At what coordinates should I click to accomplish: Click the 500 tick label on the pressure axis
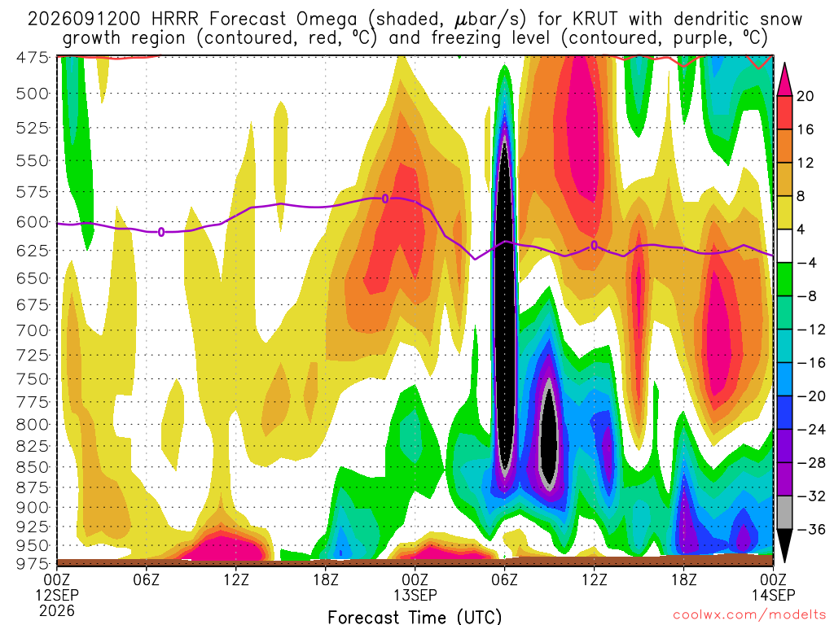[x=33, y=94]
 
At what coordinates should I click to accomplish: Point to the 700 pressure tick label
[x=33, y=330]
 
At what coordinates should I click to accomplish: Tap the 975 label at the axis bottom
[x=33, y=563]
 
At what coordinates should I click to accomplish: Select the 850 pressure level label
[x=33, y=467]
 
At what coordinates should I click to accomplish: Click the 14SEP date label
[x=774, y=595]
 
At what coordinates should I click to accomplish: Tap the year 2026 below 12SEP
[x=57, y=610]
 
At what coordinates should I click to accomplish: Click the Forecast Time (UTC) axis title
[x=415, y=617]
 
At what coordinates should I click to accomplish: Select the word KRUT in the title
[x=595, y=20]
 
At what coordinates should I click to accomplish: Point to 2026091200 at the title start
[x=84, y=20]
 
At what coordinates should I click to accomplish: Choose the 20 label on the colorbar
[x=805, y=96]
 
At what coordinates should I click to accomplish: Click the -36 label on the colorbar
[x=811, y=529]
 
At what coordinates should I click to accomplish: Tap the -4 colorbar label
[x=807, y=263]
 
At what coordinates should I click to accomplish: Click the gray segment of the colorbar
[x=784, y=513]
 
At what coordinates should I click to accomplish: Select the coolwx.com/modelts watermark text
[x=749, y=615]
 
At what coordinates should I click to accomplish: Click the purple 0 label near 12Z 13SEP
[x=594, y=245]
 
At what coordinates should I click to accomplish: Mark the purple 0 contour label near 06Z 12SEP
[x=161, y=232]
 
